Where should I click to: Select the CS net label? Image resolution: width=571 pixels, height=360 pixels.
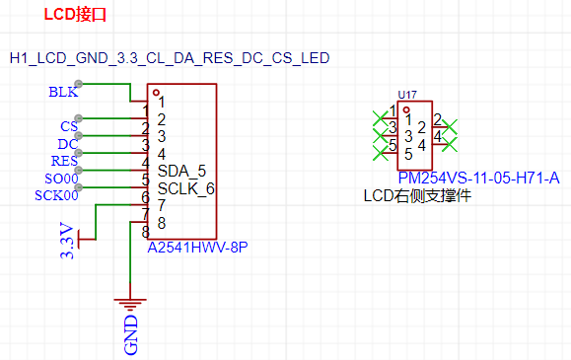click(x=69, y=126)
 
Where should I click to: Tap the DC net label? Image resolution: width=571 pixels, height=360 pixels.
click(x=67, y=144)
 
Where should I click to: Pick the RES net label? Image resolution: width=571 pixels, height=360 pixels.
click(x=64, y=161)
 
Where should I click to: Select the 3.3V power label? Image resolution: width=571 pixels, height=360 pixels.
click(x=67, y=241)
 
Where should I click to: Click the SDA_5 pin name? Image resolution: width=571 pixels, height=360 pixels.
click(x=181, y=171)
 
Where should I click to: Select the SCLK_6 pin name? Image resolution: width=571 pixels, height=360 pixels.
click(x=185, y=188)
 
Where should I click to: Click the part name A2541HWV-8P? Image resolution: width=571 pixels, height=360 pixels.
click(x=196, y=248)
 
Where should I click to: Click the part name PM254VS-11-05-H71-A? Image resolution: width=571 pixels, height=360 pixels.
click(x=479, y=178)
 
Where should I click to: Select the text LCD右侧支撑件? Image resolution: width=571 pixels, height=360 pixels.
click(x=417, y=196)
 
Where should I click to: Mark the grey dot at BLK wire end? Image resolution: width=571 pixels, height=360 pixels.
click(x=78, y=85)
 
